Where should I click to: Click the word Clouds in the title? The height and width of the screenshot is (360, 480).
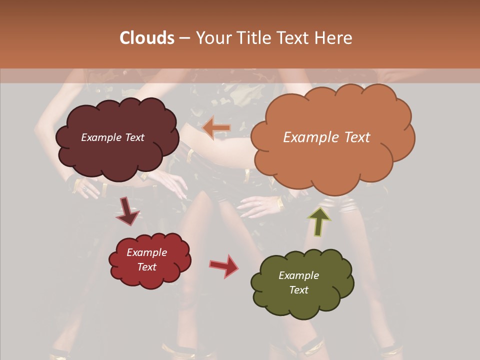coord(147,38)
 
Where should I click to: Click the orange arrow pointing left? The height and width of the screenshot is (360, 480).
coord(216,128)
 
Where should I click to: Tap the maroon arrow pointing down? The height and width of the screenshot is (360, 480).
coord(127,211)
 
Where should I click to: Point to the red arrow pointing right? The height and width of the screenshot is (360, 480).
coord(224,265)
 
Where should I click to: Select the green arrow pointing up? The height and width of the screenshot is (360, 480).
coord(318,220)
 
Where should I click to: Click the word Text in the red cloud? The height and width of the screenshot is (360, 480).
coord(147,267)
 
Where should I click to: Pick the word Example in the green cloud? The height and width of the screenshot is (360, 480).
coord(298,275)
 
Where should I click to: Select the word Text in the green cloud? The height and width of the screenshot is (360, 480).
coord(298,290)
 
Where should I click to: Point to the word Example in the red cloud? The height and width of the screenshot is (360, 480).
coord(147,252)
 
